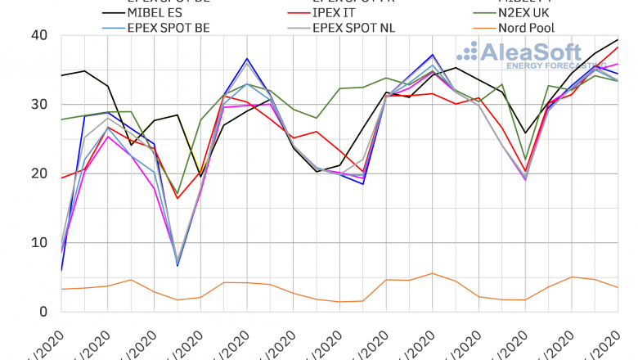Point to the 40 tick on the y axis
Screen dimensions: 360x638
click(x=38, y=35)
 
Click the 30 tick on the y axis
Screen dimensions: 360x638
click(x=38, y=105)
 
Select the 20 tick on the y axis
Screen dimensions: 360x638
click(x=38, y=173)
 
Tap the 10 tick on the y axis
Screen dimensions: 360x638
click(x=38, y=242)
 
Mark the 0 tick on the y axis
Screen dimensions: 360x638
click(x=42, y=312)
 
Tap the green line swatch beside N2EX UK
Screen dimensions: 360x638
click(x=470, y=13)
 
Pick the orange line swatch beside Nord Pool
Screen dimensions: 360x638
click(x=470, y=29)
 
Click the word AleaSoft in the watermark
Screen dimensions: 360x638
click(x=532, y=54)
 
